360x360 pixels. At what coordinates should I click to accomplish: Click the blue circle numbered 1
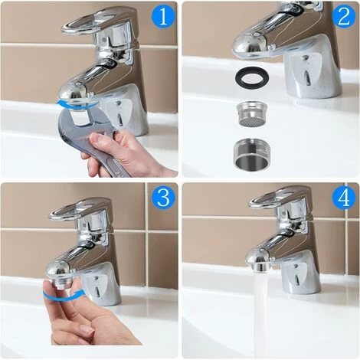coord(162,16)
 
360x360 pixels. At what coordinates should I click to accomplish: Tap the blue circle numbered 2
coord(344,16)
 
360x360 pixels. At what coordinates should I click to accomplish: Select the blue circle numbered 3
coord(162,198)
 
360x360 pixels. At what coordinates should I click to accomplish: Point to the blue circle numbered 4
coord(344,198)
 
